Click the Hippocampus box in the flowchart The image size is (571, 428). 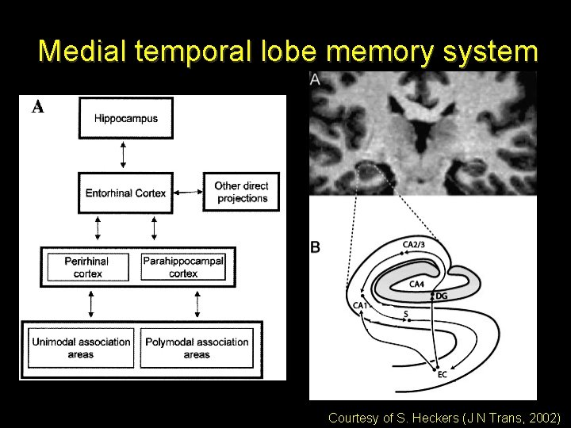click(126, 119)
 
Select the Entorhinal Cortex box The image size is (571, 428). click(126, 193)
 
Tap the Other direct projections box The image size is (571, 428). click(241, 192)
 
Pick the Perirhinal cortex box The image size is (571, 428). click(86, 267)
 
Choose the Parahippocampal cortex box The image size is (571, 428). click(183, 267)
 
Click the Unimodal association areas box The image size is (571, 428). click(81, 348)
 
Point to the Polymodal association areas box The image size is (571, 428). click(197, 348)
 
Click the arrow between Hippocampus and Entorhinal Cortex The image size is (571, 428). click(123, 155)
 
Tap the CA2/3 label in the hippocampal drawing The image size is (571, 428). click(414, 244)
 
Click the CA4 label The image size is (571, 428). click(417, 284)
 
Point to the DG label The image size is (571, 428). click(442, 296)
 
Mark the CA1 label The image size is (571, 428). click(359, 305)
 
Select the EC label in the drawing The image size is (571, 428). click(443, 374)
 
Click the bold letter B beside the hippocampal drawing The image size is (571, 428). click(316, 247)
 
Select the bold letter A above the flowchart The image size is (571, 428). click(37, 108)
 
